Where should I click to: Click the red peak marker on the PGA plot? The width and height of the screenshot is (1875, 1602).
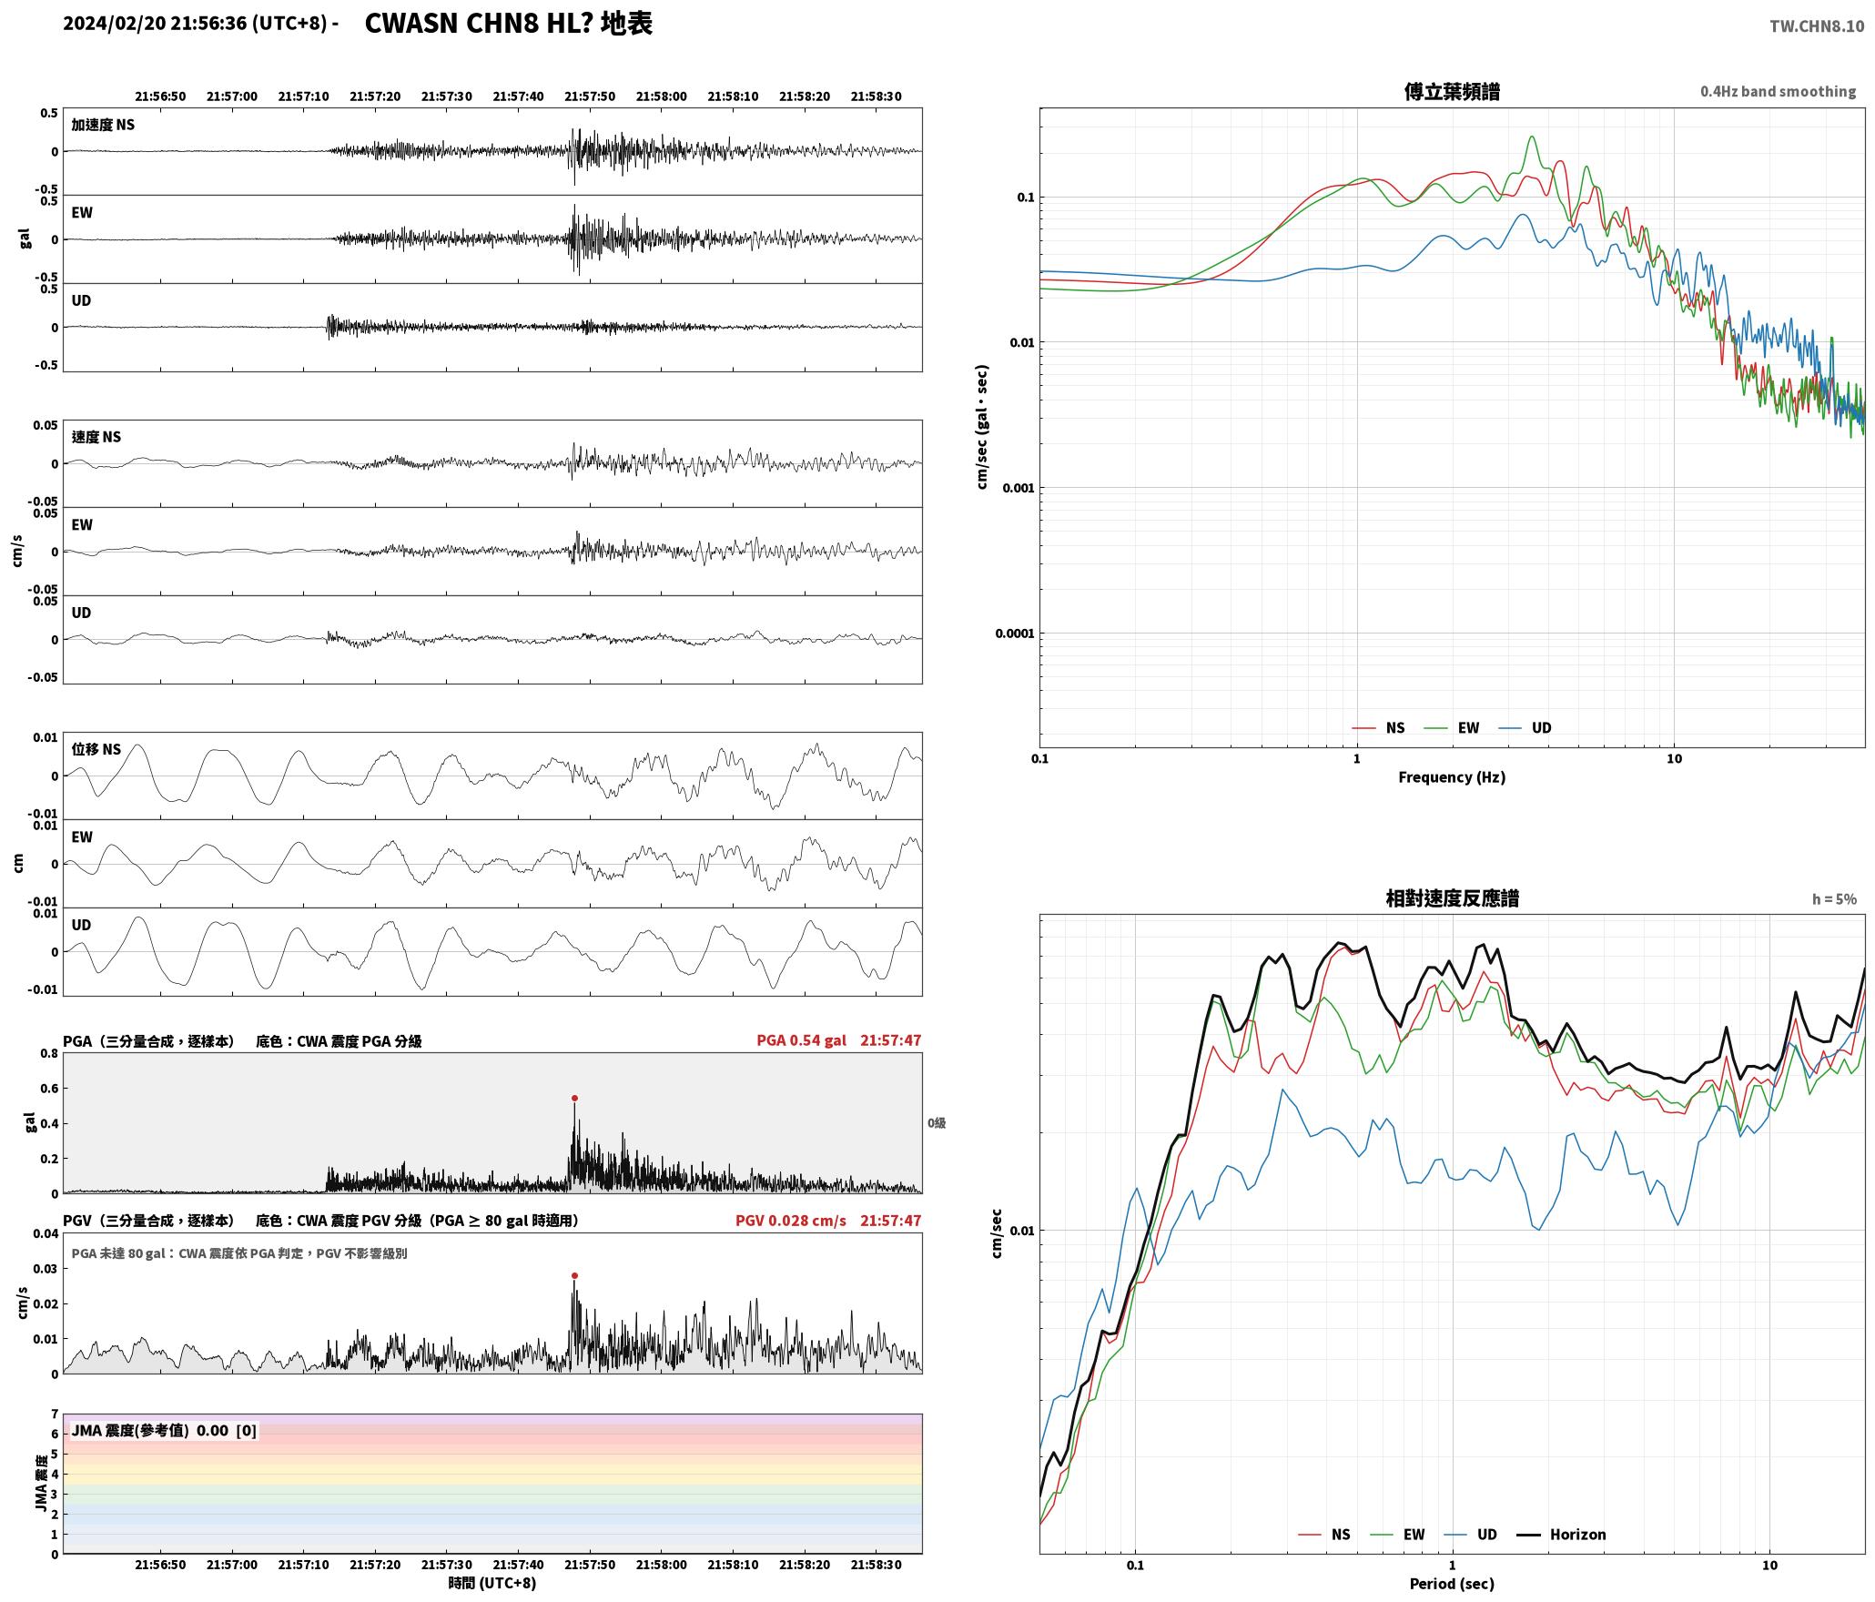pos(574,1098)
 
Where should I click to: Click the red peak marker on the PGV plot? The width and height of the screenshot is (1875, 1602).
pos(574,1275)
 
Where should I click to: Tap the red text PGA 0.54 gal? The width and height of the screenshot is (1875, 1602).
pos(801,1039)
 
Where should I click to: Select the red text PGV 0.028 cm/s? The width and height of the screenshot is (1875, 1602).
pos(790,1220)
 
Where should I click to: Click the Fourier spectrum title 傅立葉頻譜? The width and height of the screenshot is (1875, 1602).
pos(1452,91)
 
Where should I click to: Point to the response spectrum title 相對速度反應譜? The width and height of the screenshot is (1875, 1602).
pos(1452,897)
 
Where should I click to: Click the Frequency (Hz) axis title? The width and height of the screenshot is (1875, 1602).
pos(1452,776)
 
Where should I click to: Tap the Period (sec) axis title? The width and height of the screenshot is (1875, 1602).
pos(1452,1583)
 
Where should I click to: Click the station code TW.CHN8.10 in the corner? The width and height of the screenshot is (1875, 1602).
pos(1817,25)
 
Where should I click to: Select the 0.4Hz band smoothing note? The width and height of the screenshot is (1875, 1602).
pos(1778,91)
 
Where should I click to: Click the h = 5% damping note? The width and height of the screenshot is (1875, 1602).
pos(1834,898)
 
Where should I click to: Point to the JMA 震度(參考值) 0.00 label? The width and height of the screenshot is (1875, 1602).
pos(164,1430)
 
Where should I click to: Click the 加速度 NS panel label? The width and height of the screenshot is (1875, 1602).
pos(103,125)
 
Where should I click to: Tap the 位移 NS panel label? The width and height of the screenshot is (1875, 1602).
pos(96,749)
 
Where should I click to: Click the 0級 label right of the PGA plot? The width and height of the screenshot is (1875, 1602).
pos(937,1122)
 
